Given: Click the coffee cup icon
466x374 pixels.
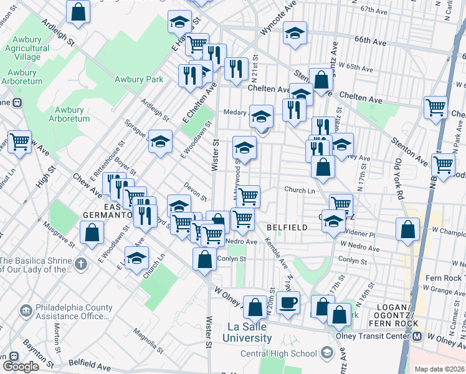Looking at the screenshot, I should coord(288,303).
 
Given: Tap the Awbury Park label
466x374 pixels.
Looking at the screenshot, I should coord(138,79).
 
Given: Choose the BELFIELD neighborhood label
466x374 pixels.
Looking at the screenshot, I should coord(287,228).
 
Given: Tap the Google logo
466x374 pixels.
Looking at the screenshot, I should coord(21,367).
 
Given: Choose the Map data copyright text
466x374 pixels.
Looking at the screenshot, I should coord(439,368).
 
